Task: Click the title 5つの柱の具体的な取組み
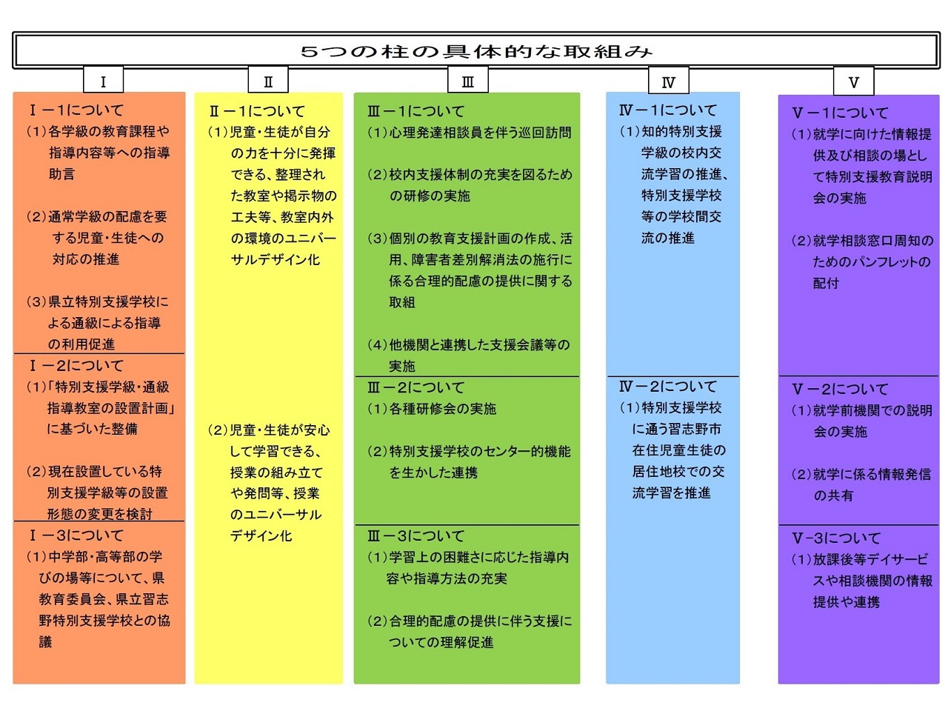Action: [476, 52]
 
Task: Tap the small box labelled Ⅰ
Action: [103, 80]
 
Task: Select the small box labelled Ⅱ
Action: [268, 80]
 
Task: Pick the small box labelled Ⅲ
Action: [468, 80]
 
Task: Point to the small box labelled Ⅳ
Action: [669, 80]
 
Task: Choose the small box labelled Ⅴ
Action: [854, 81]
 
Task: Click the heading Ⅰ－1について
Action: [76, 110]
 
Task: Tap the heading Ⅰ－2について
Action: [76, 366]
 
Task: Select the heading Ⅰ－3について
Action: [76, 535]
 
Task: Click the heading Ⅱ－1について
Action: [257, 111]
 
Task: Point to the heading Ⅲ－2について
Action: [415, 387]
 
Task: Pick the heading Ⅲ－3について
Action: [415, 535]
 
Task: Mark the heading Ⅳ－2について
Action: [668, 387]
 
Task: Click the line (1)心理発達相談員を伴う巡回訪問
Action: [470, 133]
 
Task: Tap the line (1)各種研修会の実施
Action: [432, 408]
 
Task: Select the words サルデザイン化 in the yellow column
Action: [275, 259]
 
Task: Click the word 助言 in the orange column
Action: [61, 174]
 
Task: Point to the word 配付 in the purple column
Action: [826, 283]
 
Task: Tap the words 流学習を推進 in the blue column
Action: [671, 493]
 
